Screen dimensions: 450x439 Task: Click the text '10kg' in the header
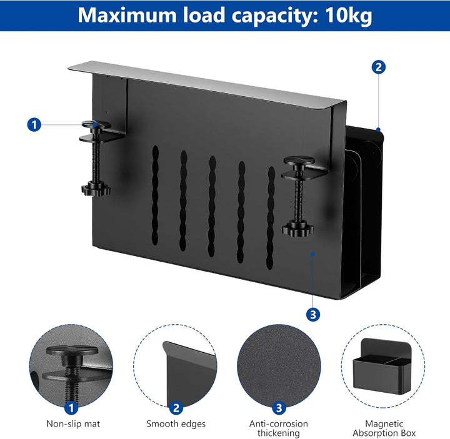click(349, 16)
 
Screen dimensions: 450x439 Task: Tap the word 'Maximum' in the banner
click(127, 15)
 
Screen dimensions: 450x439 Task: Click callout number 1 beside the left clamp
click(34, 125)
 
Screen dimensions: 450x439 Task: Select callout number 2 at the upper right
click(379, 67)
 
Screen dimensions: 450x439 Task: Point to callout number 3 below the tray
click(313, 315)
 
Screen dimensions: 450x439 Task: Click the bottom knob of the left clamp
click(96, 190)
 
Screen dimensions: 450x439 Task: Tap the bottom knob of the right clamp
click(297, 229)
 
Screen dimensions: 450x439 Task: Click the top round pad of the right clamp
click(299, 160)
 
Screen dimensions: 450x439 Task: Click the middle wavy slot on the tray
click(212, 206)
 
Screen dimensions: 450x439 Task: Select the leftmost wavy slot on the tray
click(155, 195)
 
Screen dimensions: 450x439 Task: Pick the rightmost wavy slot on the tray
click(271, 218)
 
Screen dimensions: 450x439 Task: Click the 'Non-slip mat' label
click(73, 423)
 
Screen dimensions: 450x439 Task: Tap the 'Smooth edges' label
click(176, 423)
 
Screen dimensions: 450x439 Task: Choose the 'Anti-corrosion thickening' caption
click(278, 428)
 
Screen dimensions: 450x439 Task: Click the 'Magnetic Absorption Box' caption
click(384, 428)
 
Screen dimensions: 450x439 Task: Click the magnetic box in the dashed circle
click(382, 366)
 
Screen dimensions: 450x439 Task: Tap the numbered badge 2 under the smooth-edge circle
click(176, 408)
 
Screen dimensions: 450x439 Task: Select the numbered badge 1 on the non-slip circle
click(71, 408)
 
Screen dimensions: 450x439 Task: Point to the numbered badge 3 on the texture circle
click(279, 408)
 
